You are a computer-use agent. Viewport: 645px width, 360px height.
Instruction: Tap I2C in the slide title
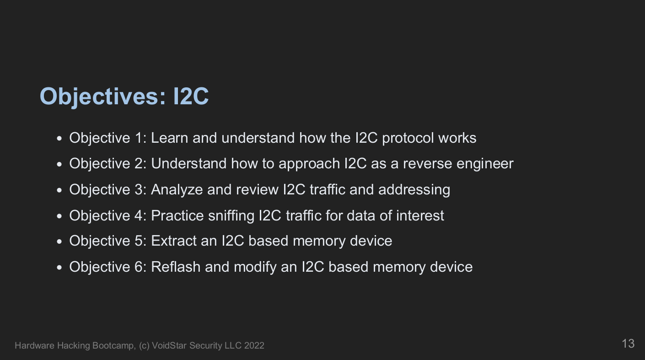point(191,96)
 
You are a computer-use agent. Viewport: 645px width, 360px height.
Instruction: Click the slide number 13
point(628,344)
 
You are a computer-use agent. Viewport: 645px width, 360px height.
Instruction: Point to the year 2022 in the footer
point(254,345)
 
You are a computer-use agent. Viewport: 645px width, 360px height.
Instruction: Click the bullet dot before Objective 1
point(59,139)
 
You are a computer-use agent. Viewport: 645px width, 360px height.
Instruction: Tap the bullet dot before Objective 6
point(59,268)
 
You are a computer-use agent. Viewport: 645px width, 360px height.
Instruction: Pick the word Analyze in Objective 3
point(177,190)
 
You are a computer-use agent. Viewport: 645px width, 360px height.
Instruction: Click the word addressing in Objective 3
point(414,190)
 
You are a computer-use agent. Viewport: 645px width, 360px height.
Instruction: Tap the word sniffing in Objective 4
point(231,216)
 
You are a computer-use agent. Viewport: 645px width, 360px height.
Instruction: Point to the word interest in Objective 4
point(420,216)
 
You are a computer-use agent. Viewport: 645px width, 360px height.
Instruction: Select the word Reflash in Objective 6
point(176,267)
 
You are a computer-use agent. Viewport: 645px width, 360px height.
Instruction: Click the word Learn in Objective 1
point(169,138)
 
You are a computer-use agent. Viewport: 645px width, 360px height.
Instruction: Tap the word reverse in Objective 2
point(428,164)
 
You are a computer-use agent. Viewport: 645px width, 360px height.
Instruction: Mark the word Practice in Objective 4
point(177,216)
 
